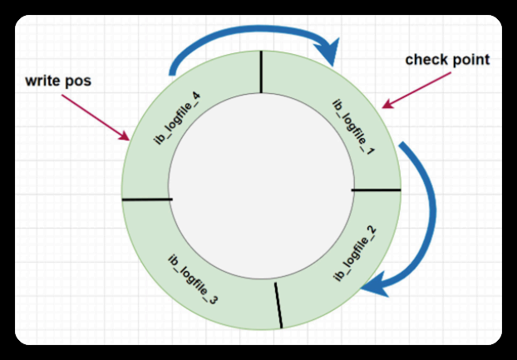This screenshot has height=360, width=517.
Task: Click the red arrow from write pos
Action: pos(100,117)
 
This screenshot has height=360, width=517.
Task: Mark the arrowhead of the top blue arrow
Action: pos(335,54)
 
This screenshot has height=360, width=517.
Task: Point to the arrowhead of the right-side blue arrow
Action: pos(377,284)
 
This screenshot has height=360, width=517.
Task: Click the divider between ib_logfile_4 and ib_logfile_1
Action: pos(261,70)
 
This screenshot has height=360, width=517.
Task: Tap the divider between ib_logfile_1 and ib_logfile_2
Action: pos(376,190)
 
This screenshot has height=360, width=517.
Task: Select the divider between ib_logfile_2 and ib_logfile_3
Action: pos(278,303)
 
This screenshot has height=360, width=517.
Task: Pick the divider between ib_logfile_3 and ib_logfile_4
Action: pos(146,199)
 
